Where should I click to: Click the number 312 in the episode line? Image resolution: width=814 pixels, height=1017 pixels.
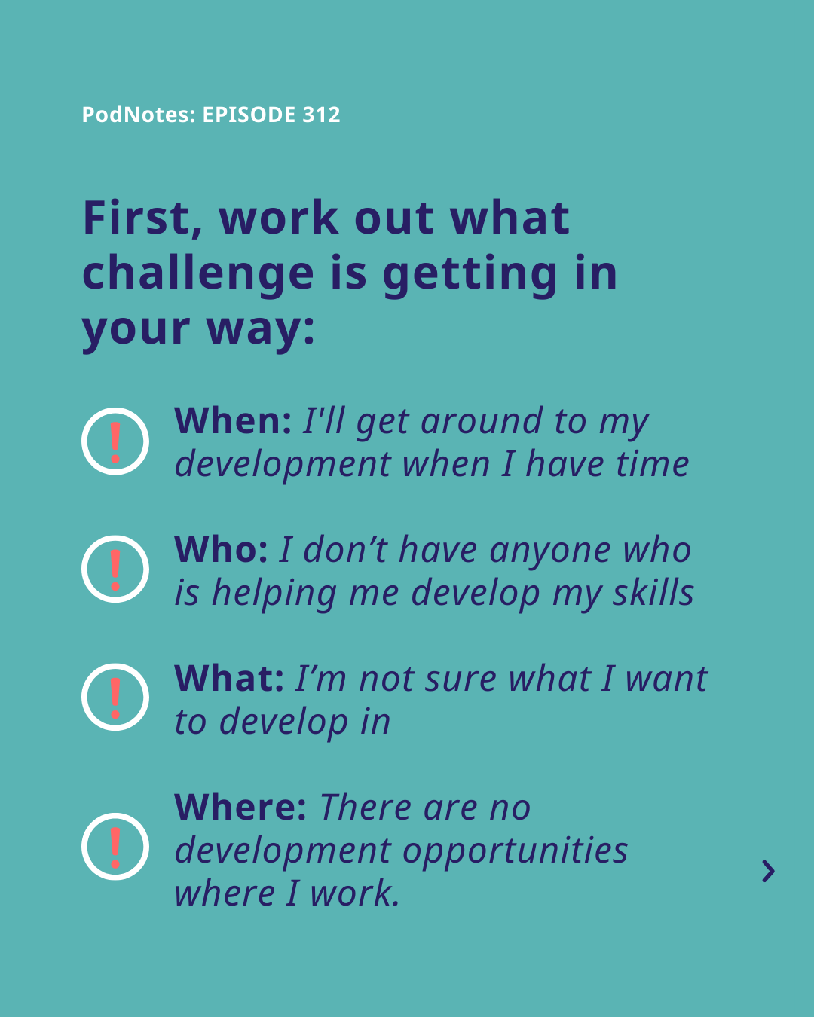321,115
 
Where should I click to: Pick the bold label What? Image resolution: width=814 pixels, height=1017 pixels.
229,678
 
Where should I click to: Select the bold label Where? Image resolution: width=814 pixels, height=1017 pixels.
240,807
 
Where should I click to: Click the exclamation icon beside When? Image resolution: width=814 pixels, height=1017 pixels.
115,441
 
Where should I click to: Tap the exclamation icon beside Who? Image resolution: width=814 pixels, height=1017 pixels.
115,569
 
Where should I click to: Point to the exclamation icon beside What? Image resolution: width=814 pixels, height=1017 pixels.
115,697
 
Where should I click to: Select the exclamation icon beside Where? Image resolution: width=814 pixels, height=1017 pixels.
115,847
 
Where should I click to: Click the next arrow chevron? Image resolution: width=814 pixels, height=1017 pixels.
769,871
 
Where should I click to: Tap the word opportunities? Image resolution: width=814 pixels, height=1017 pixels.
515,851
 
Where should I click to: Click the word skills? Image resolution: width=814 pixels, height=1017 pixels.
653,592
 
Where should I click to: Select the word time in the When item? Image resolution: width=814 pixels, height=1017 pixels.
653,463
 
